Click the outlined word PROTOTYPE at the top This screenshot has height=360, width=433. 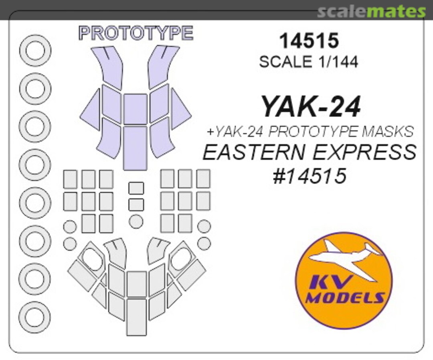coord(136,33)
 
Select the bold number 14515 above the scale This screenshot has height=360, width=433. coord(309,41)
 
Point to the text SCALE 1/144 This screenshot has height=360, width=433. coord(308,62)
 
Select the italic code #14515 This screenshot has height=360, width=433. coord(309,176)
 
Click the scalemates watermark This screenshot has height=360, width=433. coord(371,12)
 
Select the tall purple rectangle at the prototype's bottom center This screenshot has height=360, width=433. coord(135,148)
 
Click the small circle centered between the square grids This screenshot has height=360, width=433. coord(136,221)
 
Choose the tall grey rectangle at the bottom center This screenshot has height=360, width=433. coord(136,317)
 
